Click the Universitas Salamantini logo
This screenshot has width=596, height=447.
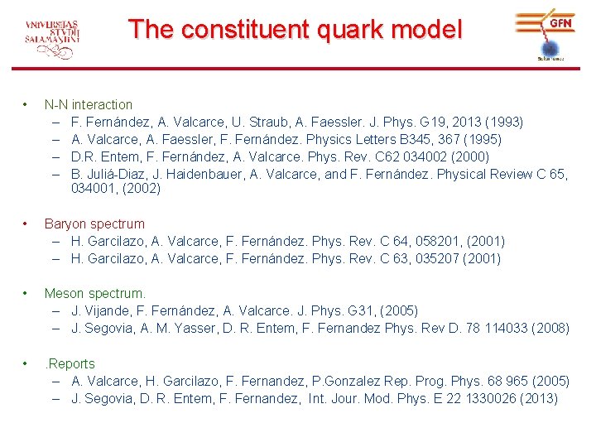coord(53,37)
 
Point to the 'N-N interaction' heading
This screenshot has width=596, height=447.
coord(88,104)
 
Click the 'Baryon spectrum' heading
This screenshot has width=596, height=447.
coord(94,223)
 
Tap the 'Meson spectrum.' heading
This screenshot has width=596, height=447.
coord(94,293)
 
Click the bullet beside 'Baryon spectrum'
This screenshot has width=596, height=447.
coord(28,223)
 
